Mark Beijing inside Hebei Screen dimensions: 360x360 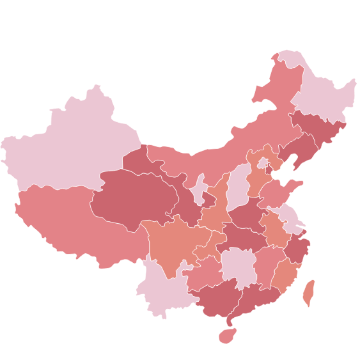pyautogui.click(x=263, y=163)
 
